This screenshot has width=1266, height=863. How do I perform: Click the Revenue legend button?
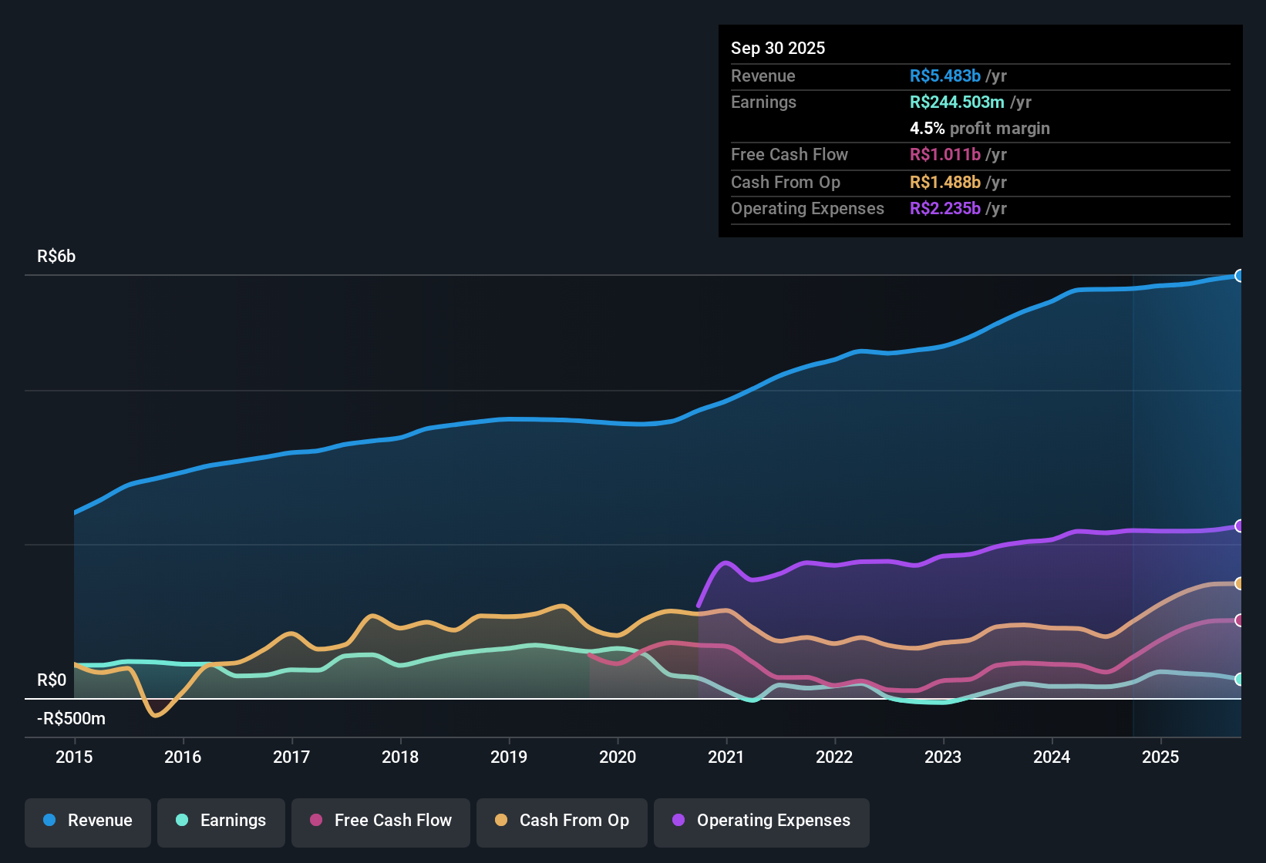click(88, 821)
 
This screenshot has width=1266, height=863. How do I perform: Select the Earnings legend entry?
click(221, 821)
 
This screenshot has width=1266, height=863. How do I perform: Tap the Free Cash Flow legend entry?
click(381, 821)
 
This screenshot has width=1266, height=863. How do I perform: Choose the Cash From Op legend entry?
click(562, 821)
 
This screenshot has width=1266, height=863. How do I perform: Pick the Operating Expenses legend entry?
click(762, 821)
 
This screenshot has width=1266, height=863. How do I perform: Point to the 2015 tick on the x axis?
click(74, 757)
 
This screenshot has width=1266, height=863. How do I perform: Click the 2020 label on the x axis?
click(618, 757)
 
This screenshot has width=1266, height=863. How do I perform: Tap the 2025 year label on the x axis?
click(1160, 757)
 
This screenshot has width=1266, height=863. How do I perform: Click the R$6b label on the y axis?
click(56, 257)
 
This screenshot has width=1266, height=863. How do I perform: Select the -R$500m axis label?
click(71, 719)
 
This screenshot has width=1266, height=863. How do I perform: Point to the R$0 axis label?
click(52, 680)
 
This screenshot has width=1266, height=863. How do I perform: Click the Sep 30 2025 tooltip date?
click(778, 48)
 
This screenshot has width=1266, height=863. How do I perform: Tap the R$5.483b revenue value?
click(945, 76)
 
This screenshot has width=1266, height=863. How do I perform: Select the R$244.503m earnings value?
click(957, 102)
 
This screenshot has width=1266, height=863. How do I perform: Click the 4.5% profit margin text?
click(979, 128)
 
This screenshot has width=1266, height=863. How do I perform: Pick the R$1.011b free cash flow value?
click(945, 154)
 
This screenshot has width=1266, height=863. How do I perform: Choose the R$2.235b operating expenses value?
click(945, 208)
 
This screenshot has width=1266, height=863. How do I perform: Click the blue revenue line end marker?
click(1239, 276)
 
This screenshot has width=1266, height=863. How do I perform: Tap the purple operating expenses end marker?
click(1239, 526)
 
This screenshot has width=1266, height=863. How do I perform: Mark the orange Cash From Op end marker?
click(1239, 583)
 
